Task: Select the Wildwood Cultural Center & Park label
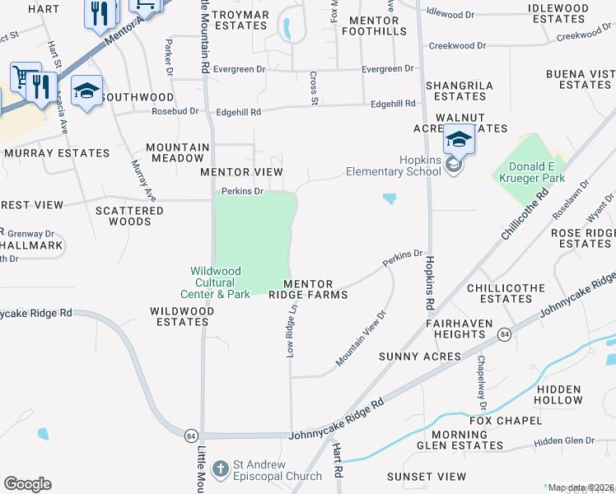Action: point(215,282)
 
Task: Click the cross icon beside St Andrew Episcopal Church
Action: point(220,469)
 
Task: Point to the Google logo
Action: point(27,484)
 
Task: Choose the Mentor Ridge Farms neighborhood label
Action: point(308,288)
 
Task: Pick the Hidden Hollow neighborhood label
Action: point(559,394)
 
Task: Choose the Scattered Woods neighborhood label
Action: point(129,216)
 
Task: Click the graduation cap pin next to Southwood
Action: point(86,91)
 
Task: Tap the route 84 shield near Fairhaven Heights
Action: point(504,333)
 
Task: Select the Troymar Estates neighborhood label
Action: point(240,20)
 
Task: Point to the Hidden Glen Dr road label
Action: point(564,441)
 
